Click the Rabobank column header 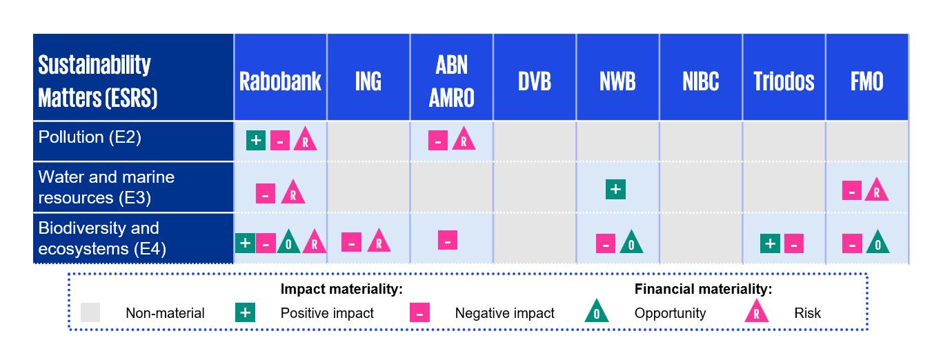click(x=280, y=81)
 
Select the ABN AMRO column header click(x=451, y=81)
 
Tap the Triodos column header click(x=784, y=81)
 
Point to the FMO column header click(x=866, y=81)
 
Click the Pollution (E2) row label click(x=90, y=137)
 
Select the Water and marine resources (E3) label click(x=106, y=187)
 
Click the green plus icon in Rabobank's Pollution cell click(x=256, y=140)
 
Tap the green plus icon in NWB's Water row click(x=615, y=189)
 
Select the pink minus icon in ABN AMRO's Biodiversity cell click(x=448, y=240)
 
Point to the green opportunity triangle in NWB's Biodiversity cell click(x=631, y=243)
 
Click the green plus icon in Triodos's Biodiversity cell click(x=771, y=243)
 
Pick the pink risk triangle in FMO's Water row click(x=876, y=190)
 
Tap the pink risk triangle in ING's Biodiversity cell click(x=379, y=241)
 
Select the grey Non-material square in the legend click(x=90, y=312)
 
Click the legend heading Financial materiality click(x=703, y=290)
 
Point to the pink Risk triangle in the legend click(x=757, y=313)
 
